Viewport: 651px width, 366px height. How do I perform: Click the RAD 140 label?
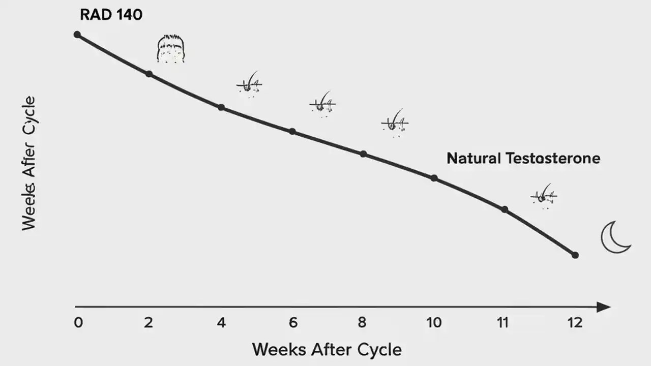(x=111, y=15)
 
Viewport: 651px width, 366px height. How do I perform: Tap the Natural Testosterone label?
(x=523, y=158)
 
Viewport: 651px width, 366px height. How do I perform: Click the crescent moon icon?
(x=614, y=238)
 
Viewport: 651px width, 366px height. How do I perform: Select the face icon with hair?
(x=170, y=49)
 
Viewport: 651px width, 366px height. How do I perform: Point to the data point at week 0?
(x=77, y=35)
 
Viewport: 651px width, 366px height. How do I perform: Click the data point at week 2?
(x=149, y=74)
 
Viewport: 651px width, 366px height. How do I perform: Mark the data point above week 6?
(x=292, y=131)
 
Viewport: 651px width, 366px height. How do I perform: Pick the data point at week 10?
(x=434, y=178)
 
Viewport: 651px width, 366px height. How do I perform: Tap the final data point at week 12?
(x=575, y=255)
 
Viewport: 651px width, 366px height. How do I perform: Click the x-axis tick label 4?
(x=221, y=323)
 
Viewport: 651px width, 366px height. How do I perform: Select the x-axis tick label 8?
(x=362, y=323)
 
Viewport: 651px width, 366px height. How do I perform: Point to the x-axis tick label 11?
(x=503, y=323)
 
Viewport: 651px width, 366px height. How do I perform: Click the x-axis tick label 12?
(x=575, y=323)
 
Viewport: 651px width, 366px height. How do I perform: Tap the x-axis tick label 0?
(x=78, y=323)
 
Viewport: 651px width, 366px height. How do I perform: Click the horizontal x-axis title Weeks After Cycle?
(x=327, y=350)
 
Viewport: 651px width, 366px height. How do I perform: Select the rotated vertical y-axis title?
(x=29, y=163)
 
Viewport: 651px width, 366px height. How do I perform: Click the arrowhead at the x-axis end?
(x=603, y=307)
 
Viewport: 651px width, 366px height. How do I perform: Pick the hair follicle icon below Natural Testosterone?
(x=544, y=195)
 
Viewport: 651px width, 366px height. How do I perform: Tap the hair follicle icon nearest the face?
(x=249, y=84)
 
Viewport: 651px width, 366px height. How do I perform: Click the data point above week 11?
(x=505, y=209)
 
